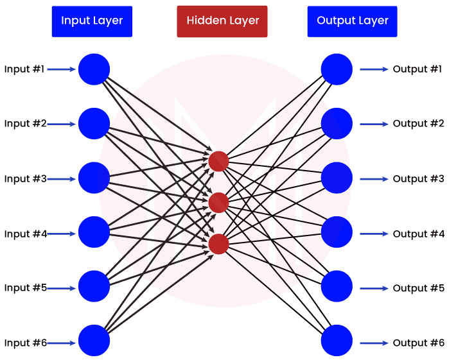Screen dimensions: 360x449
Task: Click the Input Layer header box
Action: point(92,21)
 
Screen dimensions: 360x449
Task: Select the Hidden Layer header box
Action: point(222,21)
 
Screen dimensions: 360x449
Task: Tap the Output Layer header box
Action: point(353,21)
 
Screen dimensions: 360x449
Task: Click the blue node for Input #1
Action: point(94,69)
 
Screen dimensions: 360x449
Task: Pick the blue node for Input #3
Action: point(94,178)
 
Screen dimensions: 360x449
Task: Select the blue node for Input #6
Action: point(94,341)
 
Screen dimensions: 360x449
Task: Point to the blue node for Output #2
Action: point(337,123)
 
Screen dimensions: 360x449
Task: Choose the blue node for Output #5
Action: point(337,287)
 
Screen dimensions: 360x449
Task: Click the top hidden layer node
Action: point(218,161)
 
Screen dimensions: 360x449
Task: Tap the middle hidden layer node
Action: point(218,202)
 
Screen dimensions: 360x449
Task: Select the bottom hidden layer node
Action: point(218,244)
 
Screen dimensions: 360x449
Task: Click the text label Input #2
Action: point(25,124)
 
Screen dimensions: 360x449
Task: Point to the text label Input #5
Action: point(25,288)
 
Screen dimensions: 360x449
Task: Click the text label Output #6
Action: point(418,343)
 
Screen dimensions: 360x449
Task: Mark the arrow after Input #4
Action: point(62,234)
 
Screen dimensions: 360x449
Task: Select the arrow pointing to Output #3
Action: point(373,179)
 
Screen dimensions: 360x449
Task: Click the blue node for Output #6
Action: point(337,341)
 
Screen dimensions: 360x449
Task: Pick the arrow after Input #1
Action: point(62,69)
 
